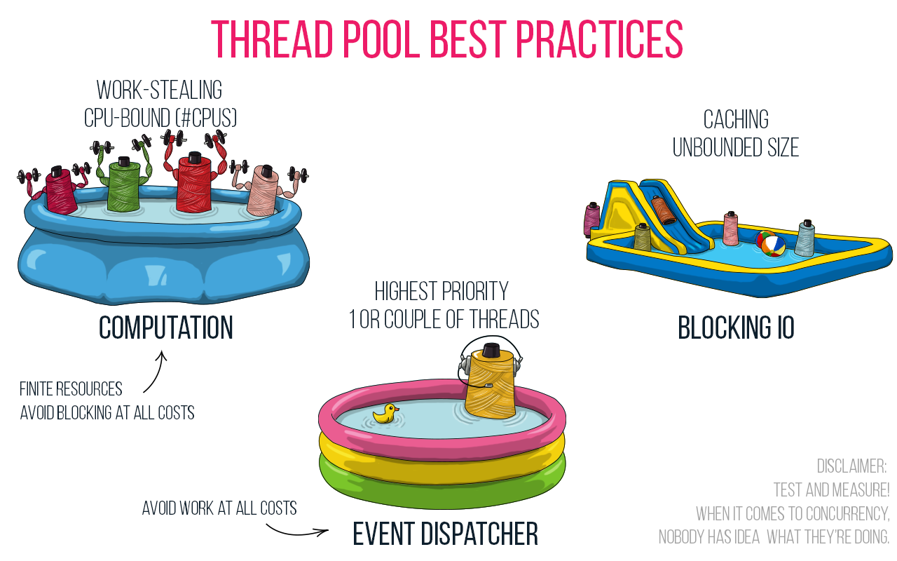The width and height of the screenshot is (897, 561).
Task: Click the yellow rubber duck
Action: [x=385, y=414]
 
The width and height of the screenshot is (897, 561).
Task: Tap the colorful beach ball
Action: [x=771, y=244]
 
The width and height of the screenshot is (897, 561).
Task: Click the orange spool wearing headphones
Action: [x=490, y=379]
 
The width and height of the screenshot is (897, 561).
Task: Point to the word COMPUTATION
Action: [x=165, y=328]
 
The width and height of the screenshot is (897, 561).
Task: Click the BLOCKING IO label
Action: [x=736, y=328]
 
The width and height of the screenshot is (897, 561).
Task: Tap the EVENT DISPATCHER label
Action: [x=445, y=534]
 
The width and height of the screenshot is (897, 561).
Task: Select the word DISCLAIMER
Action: [x=851, y=466]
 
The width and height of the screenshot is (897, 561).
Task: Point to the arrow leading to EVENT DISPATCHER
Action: [x=298, y=530]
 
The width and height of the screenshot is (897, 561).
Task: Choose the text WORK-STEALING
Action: [x=159, y=90]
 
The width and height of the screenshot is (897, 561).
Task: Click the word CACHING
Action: [x=736, y=120]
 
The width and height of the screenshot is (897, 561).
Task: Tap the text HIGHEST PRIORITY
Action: [x=441, y=291]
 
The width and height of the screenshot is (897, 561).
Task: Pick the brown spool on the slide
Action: [x=662, y=210]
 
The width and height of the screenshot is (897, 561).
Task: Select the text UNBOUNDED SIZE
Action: [x=736, y=148]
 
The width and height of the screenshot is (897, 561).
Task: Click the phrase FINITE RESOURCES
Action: [x=71, y=389]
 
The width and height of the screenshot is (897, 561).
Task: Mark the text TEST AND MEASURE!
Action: [x=831, y=489]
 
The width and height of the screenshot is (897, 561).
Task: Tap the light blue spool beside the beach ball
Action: [x=805, y=239]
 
